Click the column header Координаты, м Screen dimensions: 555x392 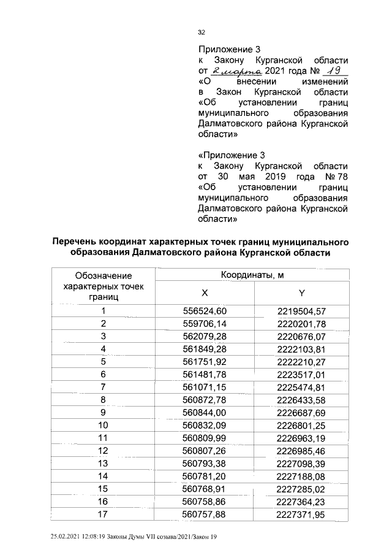252,275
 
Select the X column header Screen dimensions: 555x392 204,293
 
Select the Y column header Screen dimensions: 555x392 301,293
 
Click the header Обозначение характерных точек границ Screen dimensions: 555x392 103,286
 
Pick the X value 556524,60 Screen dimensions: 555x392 205,312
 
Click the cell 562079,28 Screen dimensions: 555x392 205,336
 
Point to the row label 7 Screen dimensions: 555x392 104,386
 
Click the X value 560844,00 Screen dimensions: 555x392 205,411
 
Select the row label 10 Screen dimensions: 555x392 104,424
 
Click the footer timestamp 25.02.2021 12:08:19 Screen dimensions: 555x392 84,537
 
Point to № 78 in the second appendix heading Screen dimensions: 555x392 336,177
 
